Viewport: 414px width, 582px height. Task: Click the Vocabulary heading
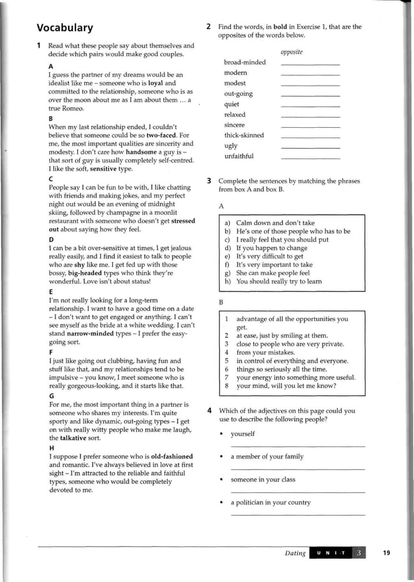(x=64, y=28)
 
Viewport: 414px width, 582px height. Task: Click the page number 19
(x=387, y=553)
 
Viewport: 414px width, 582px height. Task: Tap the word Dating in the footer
(x=295, y=553)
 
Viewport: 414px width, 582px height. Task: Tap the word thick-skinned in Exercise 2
(x=244, y=135)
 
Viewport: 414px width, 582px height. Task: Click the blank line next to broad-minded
(x=310, y=64)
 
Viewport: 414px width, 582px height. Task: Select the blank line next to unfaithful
(x=310, y=158)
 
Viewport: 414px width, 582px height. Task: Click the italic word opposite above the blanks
(x=292, y=52)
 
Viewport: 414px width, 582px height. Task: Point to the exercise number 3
(x=208, y=181)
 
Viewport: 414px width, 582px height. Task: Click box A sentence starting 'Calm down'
(x=275, y=223)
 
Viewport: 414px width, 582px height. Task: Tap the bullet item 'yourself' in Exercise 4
(x=243, y=433)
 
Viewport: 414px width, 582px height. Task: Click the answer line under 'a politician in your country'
(x=298, y=514)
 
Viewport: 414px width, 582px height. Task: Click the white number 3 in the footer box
(x=361, y=553)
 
